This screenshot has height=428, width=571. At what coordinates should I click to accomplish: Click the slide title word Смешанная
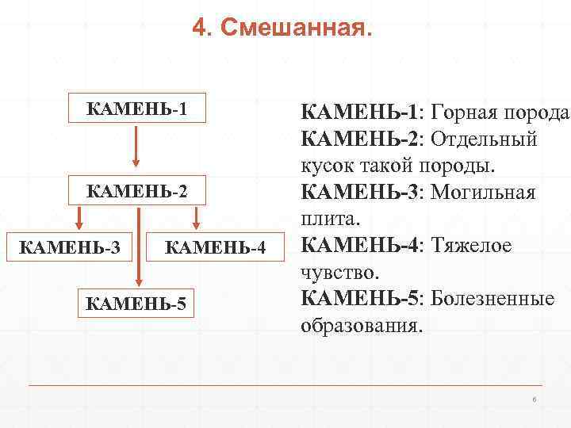click(295, 30)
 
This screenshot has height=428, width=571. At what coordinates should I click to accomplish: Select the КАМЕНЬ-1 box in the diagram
click(137, 109)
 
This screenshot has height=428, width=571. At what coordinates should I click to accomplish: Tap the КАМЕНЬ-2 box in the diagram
click(137, 190)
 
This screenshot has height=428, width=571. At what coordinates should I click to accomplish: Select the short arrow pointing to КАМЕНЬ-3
click(78, 219)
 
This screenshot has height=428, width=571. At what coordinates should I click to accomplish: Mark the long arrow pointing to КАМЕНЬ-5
click(138, 246)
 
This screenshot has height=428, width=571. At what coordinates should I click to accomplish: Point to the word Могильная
click(485, 193)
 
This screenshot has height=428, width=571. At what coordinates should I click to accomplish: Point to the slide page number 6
click(535, 399)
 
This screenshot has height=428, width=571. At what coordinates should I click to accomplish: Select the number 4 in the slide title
click(199, 30)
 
